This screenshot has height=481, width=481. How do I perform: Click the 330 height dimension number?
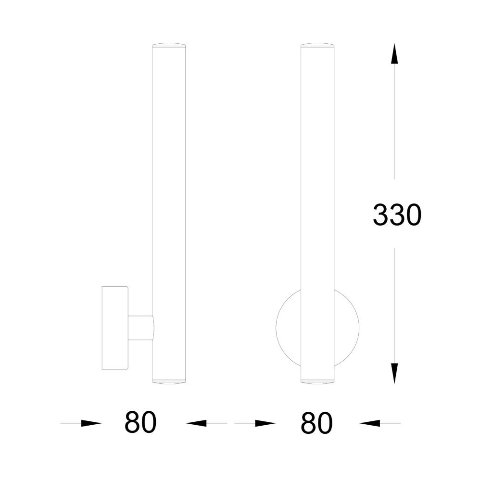tap(397, 215)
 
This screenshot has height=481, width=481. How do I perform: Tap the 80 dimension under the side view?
tap(140, 422)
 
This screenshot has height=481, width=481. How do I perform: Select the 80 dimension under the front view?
tap(316, 423)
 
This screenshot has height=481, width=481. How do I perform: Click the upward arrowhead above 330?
tap(394, 54)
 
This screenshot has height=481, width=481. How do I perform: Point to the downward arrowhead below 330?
tap(394, 373)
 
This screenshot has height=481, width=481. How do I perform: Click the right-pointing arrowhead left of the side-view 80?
tap(91, 423)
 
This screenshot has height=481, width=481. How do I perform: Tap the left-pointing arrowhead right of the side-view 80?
tap(196, 423)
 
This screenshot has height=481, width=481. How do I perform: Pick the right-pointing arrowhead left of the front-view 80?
tap(266, 423)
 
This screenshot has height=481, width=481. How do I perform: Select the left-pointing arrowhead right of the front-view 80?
tap(369, 423)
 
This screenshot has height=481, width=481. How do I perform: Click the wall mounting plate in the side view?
tap(115, 328)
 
